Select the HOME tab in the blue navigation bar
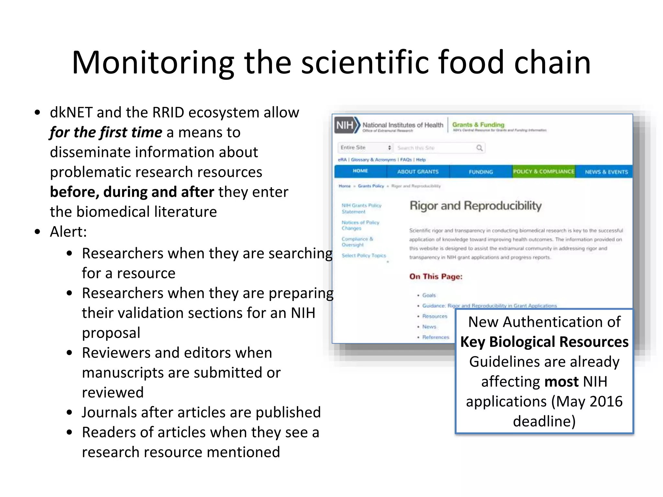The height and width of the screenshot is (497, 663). (360, 171)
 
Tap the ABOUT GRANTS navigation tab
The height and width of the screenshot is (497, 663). (418, 171)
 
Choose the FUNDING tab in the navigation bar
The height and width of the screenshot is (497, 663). (481, 172)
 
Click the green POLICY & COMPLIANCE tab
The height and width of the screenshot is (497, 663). (544, 171)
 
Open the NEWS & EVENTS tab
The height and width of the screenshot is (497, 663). (606, 172)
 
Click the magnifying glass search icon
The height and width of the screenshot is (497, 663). (479, 148)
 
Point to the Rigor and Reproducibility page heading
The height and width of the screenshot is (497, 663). (476, 206)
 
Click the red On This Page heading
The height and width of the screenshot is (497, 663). (436, 276)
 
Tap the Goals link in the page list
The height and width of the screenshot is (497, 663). (429, 295)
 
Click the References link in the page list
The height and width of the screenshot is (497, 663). (435, 337)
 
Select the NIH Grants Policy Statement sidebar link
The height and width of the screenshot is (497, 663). (361, 208)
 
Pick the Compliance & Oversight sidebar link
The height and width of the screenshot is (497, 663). (357, 242)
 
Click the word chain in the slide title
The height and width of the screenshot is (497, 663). (552, 62)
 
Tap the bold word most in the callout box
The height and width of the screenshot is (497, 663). (561, 381)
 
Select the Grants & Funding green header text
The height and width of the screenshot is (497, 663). (478, 125)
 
